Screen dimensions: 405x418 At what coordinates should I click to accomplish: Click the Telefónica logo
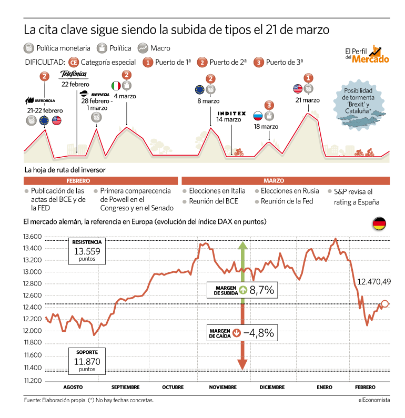[74, 74]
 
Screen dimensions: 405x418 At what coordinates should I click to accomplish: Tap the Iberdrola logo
[40, 100]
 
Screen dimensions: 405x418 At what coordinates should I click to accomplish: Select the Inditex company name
[231, 113]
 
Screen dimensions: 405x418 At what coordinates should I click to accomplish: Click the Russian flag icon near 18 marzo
[258, 116]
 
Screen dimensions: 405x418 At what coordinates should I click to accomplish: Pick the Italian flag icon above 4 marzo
[116, 86]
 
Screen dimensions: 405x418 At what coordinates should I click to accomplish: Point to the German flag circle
[379, 223]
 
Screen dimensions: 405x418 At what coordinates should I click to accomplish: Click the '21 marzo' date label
[307, 100]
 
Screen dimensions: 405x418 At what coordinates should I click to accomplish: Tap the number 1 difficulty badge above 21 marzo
[308, 78]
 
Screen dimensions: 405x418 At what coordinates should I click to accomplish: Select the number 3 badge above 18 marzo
[269, 105]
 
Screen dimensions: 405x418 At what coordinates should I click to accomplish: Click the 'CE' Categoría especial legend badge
[74, 63]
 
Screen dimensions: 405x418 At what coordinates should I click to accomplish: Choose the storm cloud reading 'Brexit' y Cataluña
[359, 105]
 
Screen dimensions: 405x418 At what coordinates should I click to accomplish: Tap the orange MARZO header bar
[286, 181]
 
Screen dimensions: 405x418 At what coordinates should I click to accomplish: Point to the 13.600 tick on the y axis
[32, 237]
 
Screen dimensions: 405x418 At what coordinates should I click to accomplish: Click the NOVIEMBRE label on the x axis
[222, 387]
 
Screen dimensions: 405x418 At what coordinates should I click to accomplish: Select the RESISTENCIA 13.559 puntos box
[87, 251]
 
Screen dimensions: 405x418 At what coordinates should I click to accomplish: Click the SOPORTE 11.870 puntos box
[87, 361]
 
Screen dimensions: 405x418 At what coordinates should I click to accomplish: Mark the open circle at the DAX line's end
[384, 303]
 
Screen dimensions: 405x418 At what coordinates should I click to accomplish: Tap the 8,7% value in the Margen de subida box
[261, 290]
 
